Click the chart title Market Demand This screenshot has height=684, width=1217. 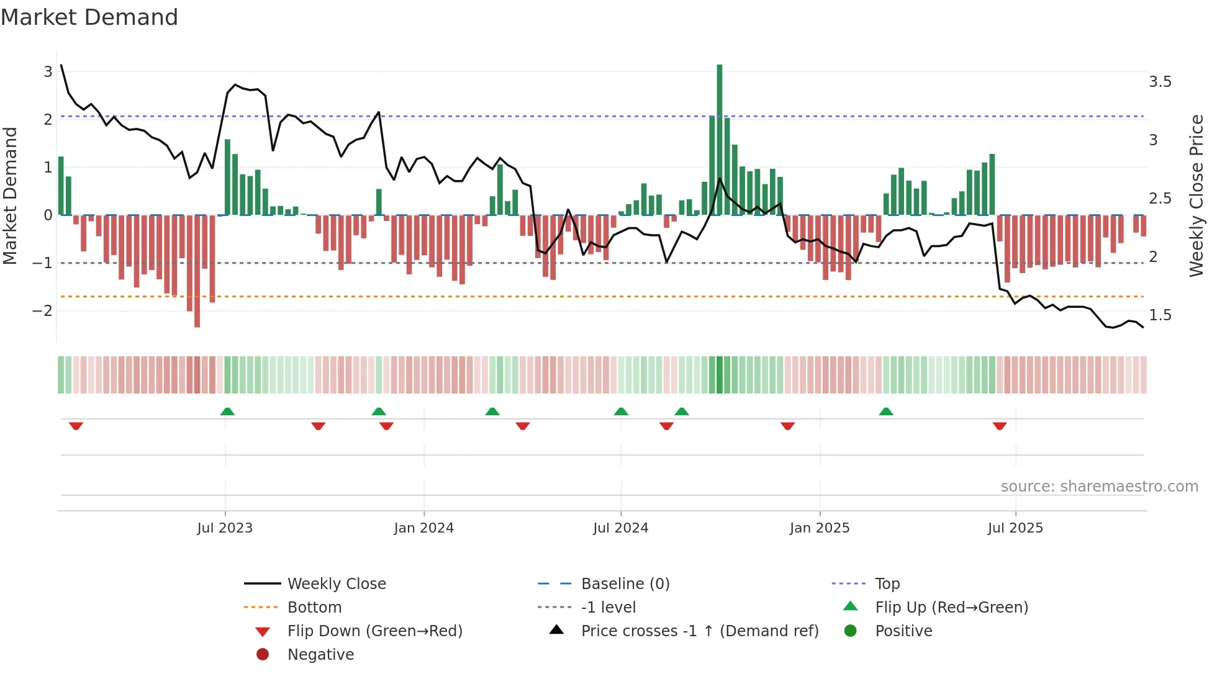pyautogui.click(x=89, y=17)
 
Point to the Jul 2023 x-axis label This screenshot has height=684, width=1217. pyautogui.click(x=225, y=528)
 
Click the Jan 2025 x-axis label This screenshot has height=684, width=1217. pyautogui.click(x=820, y=528)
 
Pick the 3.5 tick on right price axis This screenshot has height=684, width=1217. pyautogui.click(x=1160, y=82)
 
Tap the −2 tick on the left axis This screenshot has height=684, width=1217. pyautogui.click(x=43, y=310)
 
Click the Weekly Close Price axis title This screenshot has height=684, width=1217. pyautogui.click(x=1196, y=196)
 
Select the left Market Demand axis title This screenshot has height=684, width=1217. pyautogui.click(x=10, y=196)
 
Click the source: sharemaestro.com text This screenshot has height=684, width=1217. pyautogui.click(x=1099, y=487)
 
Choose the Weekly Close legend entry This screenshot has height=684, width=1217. pyautogui.click(x=336, y=584)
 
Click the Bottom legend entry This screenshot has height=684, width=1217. pyautogui.click(x=314, y=608)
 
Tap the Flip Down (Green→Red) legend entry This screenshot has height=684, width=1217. pyautogui.click(x=374, y=631)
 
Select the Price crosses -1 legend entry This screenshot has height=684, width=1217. pyautogui.click(x=699, y=631)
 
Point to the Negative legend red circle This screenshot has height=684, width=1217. pyautogui.click(x=263, y=655)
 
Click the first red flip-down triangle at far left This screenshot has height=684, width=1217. pyautogui.click(x=76, y=426)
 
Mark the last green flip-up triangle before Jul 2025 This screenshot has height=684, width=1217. pyautogui.click(x=886, y=412)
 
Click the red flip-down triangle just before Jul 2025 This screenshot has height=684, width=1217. pyautogui.click(x=1000, y=426)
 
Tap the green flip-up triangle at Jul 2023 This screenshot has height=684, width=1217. pyautogui.click(x=227, y=412)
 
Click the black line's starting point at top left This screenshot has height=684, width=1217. pyautogui.click(x=61, y=65)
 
